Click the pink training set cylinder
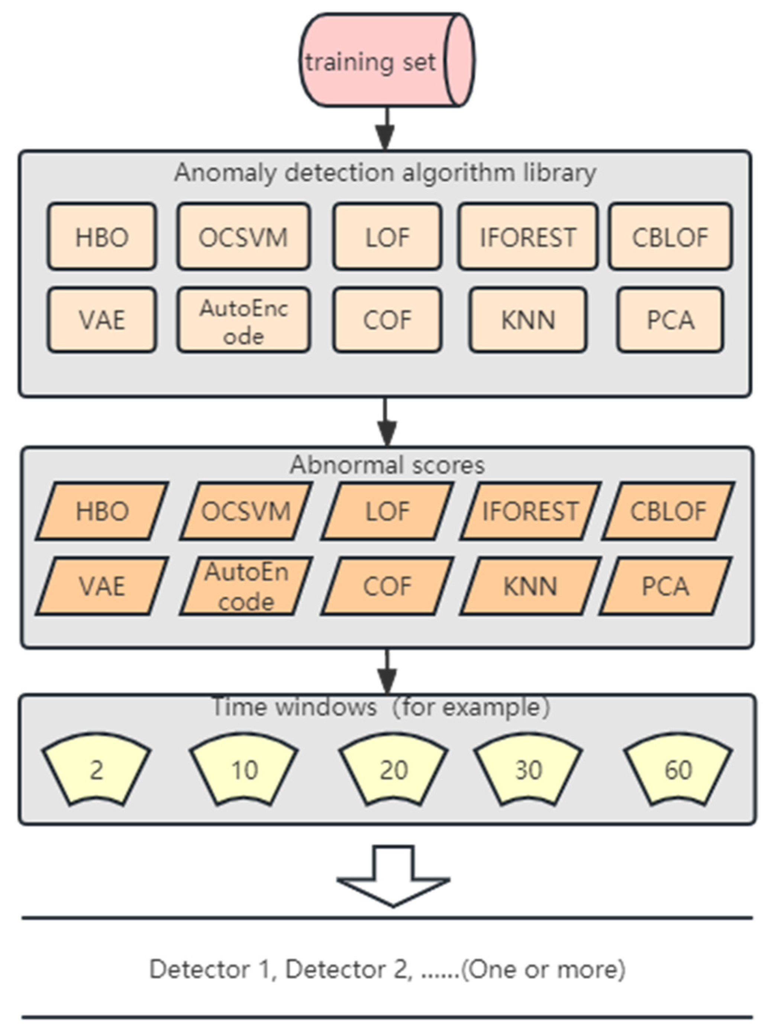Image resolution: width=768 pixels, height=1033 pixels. [386, 61]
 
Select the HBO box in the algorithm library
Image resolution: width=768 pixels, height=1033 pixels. [102, 236]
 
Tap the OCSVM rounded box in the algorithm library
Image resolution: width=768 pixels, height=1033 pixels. [243, 236]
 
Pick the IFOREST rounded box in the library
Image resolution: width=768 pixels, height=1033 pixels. [527, 236]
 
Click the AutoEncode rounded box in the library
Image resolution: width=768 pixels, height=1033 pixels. [243, 320]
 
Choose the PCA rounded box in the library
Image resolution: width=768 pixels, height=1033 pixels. [670, 320]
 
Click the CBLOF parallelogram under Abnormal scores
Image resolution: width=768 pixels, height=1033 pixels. [668, 511]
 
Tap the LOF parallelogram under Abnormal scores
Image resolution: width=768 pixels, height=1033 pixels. [387, 511]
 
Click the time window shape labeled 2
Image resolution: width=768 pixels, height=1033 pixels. [96, 769]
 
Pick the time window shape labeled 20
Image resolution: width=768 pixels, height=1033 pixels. [393, 769]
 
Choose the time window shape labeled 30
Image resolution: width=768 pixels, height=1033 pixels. [528, 769]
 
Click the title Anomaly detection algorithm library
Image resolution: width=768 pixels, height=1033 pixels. [385, 173]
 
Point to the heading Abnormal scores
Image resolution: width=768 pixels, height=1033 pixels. [387, 465]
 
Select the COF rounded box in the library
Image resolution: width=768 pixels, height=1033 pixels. [387, 320]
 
